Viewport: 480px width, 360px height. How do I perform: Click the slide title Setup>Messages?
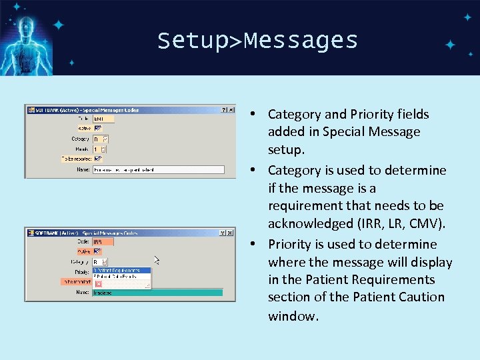pyautogui.click(x=257, y=41)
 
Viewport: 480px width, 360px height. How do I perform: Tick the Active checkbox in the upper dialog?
pyautogui.click(x=97, y=128)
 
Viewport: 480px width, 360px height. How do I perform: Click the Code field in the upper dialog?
pyautogui.click(x=103, y=119)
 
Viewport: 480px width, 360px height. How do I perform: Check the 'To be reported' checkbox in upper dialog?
pyautogui.click(x=97, y=159)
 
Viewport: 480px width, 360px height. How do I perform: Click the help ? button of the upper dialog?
pyautogui.click(x=224, y=109)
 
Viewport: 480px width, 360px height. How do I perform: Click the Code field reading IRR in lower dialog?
pyautogui.click(x=103, y=241)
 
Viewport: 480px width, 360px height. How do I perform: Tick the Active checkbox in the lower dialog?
pyautogui.click(x=97, y=251)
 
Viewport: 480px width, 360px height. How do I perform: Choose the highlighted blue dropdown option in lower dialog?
pyautogui.click(x=121, y=271)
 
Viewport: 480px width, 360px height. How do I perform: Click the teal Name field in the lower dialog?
pyautogui.click(x=157, y=293)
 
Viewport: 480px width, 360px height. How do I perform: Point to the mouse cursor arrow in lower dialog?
pyautogui.click(x=157, y=260)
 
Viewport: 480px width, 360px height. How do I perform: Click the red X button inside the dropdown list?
pyautogui.click(x=99, y=283)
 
